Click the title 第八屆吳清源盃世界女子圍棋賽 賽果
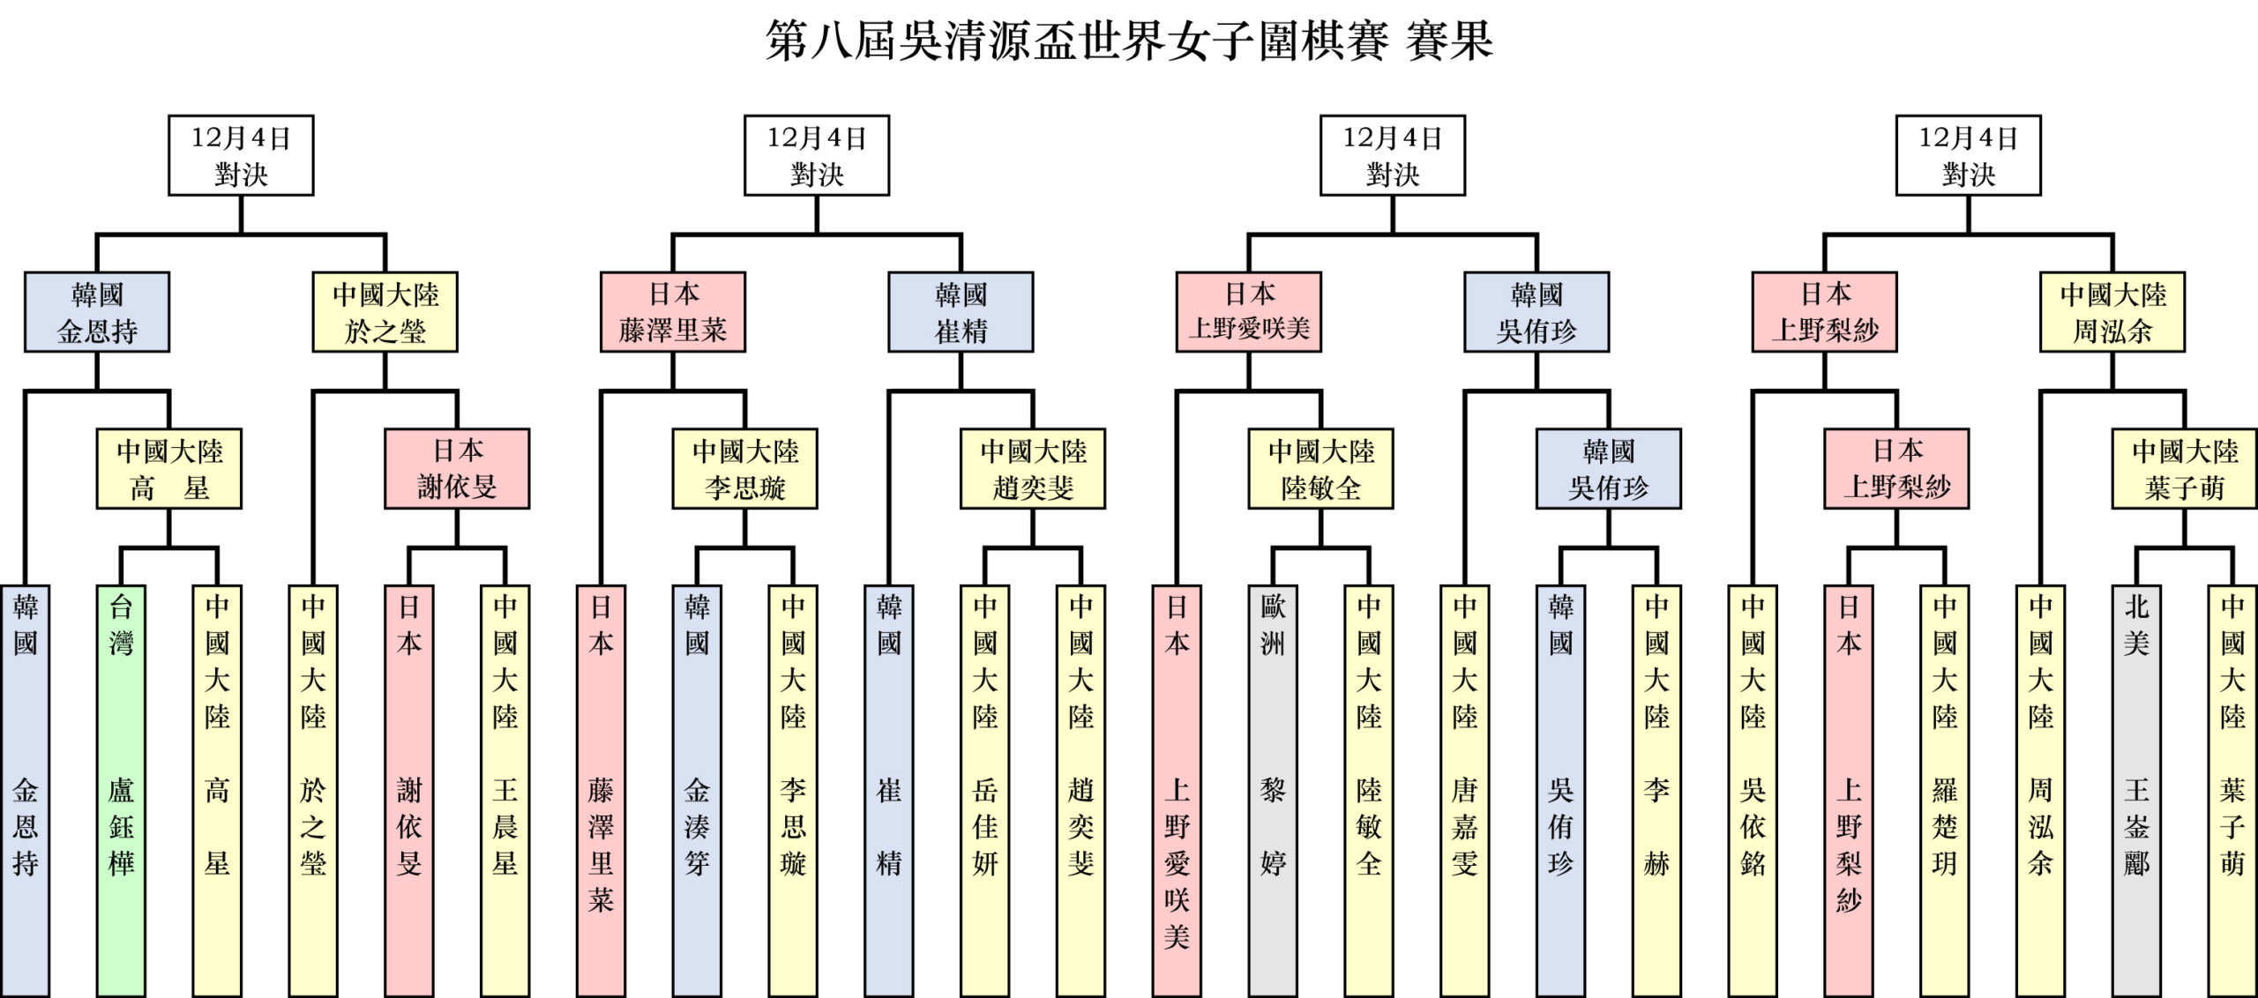tap(1128, 41)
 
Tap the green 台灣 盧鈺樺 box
tap(121, 790)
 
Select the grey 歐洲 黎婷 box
tap(1273, 790)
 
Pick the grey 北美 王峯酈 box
tap(2136, 790)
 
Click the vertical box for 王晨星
tap(505, 790)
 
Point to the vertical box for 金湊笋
tap(697, 790)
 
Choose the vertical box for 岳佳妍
tap(984, 790)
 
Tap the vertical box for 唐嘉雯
tap(1465, 790)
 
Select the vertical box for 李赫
tap(1656, 790)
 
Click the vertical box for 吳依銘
tap(1753, 790)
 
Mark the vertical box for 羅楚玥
tap(1945, 790)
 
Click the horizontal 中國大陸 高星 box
tap(168, 469)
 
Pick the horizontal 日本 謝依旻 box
tap(457, 469)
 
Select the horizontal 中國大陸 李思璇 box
tap(744, 469)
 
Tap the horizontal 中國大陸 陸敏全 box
tap(1320, 469)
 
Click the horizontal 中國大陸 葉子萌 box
tap(2185, 469)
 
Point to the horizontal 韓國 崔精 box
tap(961, 312)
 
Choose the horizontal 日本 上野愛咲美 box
tap(1249, 312)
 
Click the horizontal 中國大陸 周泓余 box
tap(2112, 312)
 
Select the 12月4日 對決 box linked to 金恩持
tap(241, 155)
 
